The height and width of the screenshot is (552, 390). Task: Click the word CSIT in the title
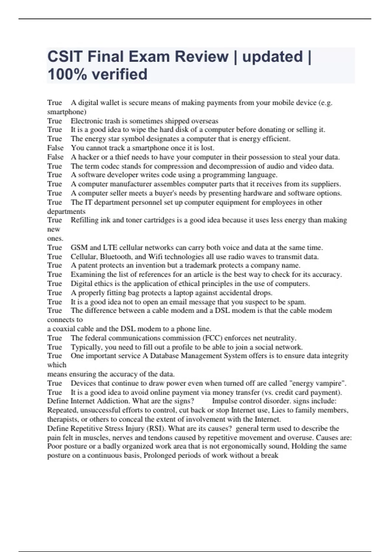tap(65, 56)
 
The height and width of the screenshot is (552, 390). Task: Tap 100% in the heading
tap(67, 74)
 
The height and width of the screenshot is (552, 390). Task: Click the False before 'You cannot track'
tap(55, 148)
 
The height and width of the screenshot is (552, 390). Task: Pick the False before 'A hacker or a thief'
tap(55, 157)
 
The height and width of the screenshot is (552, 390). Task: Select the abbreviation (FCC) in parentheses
tap(212, 338)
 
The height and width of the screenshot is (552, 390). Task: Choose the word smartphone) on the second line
tap(67, 112)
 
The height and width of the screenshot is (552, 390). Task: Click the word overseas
tap(205, 121)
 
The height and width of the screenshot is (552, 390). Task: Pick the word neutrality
tap(279, 338)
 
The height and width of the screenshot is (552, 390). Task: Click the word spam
tap(297, 302)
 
